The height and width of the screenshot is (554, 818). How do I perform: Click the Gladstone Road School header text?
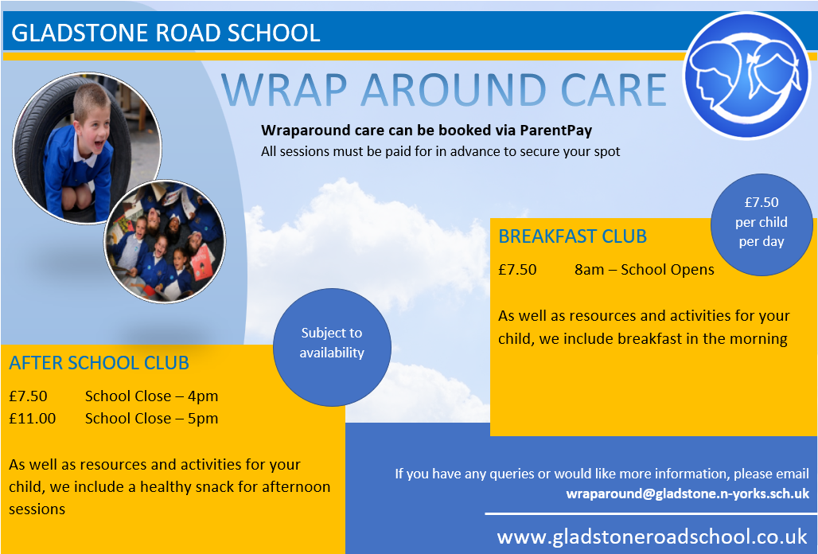click(x=166, y=33)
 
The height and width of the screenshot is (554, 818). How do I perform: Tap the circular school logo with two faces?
click(x=747, y=76)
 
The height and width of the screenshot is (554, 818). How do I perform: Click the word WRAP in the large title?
click(x=284, y=90)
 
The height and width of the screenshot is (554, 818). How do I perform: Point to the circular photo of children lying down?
click(x=165, y=241)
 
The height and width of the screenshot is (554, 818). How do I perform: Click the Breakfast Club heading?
click(x=572, y=236)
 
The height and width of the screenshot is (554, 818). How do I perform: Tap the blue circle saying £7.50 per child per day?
click(x=762, y=224)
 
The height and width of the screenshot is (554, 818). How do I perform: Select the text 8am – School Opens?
click(x=645, y=270)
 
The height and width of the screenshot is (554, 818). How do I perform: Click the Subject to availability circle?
click(x=332, y=347)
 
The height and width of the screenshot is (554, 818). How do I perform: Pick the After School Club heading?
click(x=99, y=362)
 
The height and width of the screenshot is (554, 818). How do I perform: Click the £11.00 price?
click(x=33, y=419)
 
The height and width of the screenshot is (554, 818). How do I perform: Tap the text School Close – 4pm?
click(x=151, y=396)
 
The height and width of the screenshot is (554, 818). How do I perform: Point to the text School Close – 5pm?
click(x=151, y=419)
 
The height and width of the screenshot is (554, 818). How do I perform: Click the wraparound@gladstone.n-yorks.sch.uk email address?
click(x=688, y=494)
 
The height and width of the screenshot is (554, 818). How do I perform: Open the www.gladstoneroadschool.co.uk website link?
click(x=652, y=536)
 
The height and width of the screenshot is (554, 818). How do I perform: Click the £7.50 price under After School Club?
click(x=28, y=396)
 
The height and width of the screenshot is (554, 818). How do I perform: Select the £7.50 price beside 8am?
click(x=517, y=270)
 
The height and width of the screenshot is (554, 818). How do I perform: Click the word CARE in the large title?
click(x=613, y=90)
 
